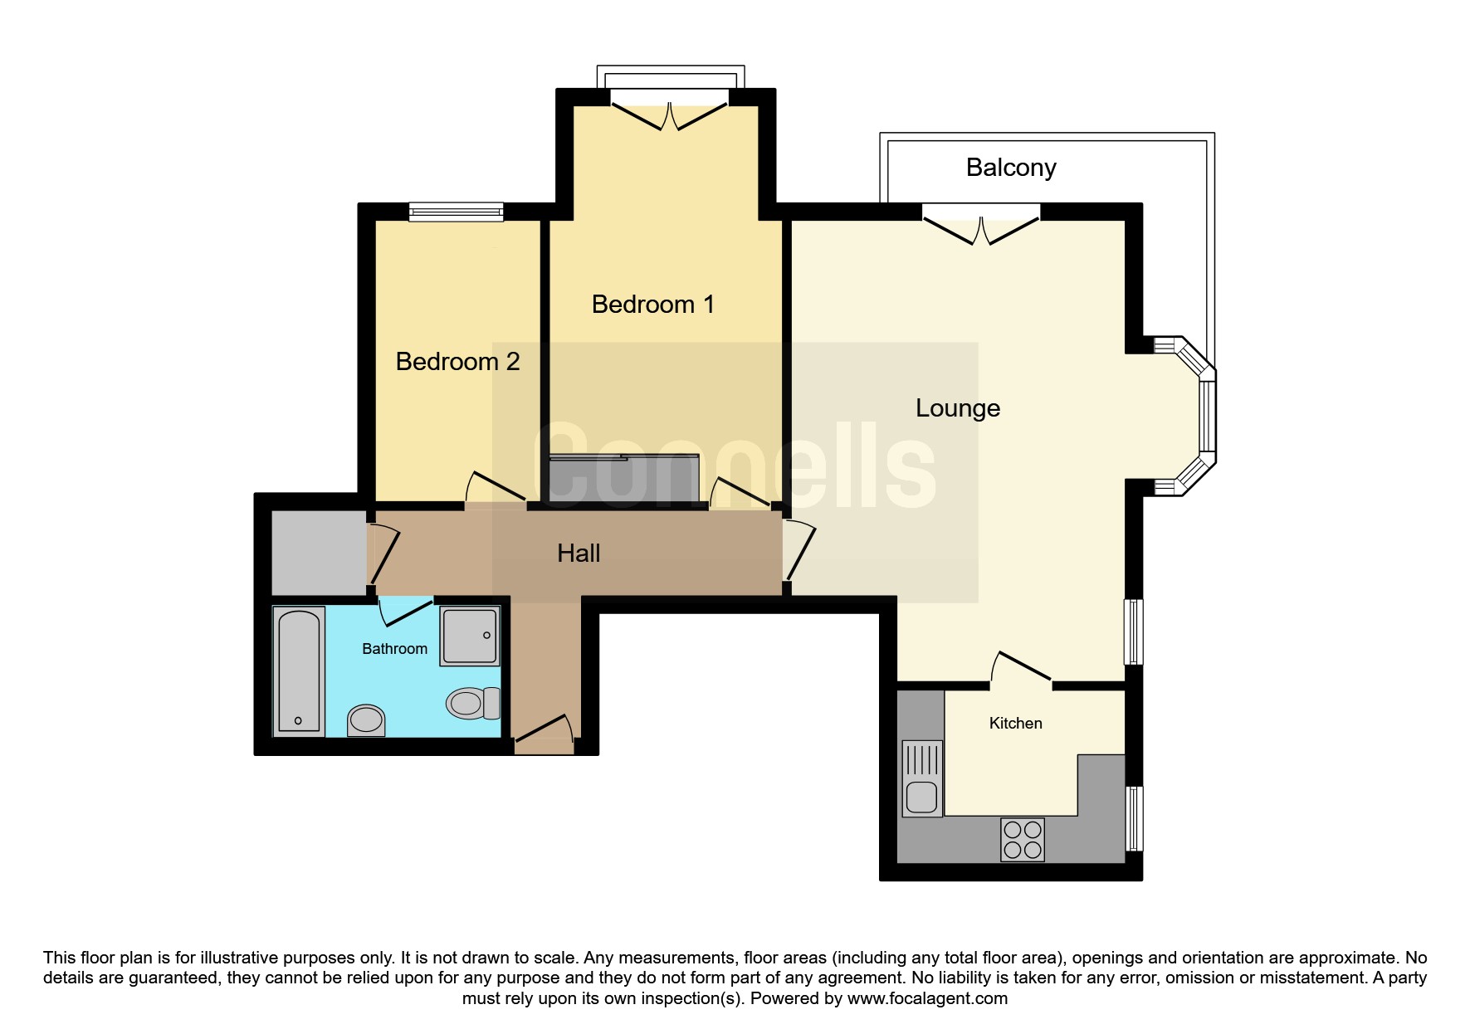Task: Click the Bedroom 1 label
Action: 652,305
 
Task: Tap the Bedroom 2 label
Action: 457,362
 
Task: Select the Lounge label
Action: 958,408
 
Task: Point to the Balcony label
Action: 1011,168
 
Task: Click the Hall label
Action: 579,554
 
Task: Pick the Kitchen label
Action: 1015,724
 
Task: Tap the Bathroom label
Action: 394,649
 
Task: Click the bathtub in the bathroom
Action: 298,672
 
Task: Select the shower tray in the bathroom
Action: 470,636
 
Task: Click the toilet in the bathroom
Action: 473,704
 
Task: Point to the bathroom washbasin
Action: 366,720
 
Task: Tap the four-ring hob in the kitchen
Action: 1023,839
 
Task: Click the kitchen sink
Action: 921,778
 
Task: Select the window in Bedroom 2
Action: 456,212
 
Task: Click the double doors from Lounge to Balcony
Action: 981,224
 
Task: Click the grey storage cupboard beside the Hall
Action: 320,553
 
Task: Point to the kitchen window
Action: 1134,818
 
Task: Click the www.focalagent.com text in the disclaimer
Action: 927,998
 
